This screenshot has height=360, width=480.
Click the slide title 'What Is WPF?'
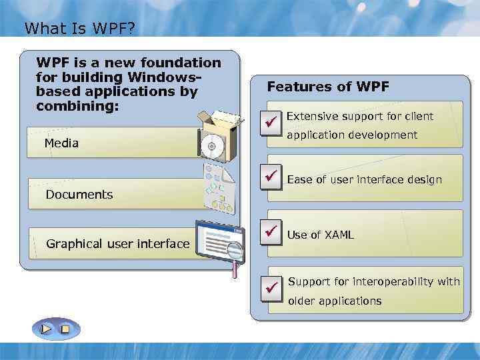[79, 29]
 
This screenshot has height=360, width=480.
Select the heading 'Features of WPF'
[328, 87]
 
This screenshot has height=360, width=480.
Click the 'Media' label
[61, 143]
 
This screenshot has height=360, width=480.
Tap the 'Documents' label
[79, 195]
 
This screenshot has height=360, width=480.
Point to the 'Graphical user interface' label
[117, 244]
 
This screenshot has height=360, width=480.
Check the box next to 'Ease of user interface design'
[271, 177]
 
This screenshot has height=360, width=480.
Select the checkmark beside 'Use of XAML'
[271, 232]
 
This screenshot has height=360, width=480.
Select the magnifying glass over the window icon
[235, 252]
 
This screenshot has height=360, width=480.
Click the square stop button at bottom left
[65, 329]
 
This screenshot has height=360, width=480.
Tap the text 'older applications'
[335, 301]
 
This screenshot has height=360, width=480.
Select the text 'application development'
[352, 135]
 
